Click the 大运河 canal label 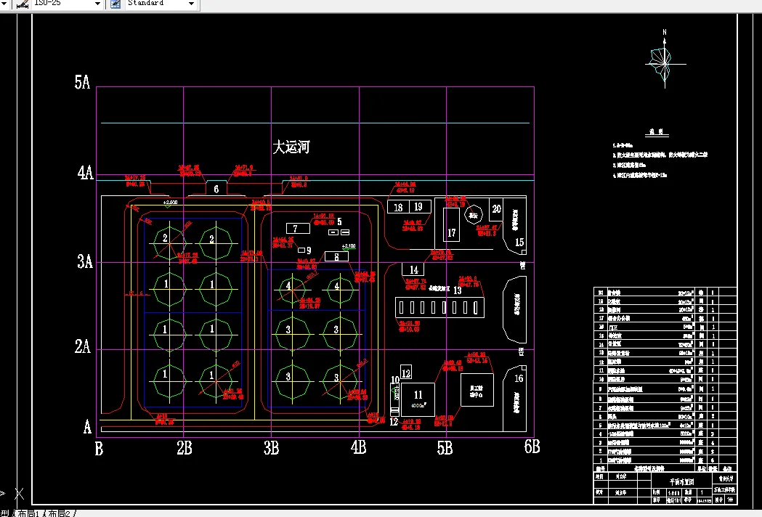coord(291,147)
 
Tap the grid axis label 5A coord(82,83)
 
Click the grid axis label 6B coord(532,448)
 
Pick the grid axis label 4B coord(357,448)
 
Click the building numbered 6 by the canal coord(216,189)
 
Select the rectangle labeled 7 coord(297,229)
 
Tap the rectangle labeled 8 coord(336,256)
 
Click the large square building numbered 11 coord(418,396)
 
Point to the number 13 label coord(458,290)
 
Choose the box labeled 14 coord(414,271)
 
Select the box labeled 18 coord(398,207)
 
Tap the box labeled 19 coord(418,207)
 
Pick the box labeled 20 coord(496,208)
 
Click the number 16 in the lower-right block coord(519,378)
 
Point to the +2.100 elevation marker coord(349,246)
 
